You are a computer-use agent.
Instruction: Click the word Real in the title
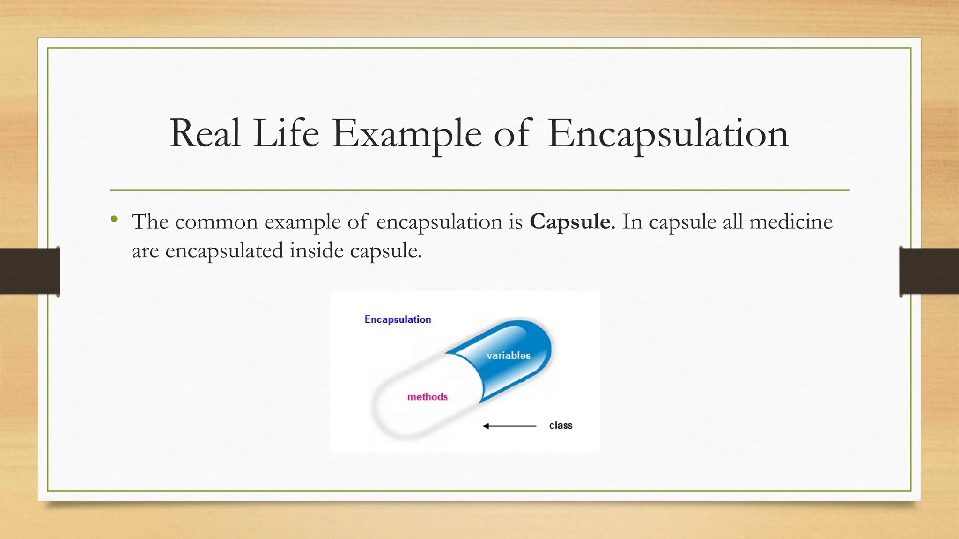205,134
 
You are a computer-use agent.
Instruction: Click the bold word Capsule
570,222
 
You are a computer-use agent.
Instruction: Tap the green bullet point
114,219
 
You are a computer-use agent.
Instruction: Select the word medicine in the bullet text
791,222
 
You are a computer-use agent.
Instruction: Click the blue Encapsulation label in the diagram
398,320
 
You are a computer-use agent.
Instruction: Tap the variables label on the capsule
509,356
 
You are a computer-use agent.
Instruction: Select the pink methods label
428,397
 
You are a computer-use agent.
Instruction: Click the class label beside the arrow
561,425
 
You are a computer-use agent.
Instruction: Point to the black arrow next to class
509,426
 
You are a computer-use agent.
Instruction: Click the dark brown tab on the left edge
30,271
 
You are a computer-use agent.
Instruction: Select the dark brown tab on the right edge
929,271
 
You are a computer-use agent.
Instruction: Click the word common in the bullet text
216,222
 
